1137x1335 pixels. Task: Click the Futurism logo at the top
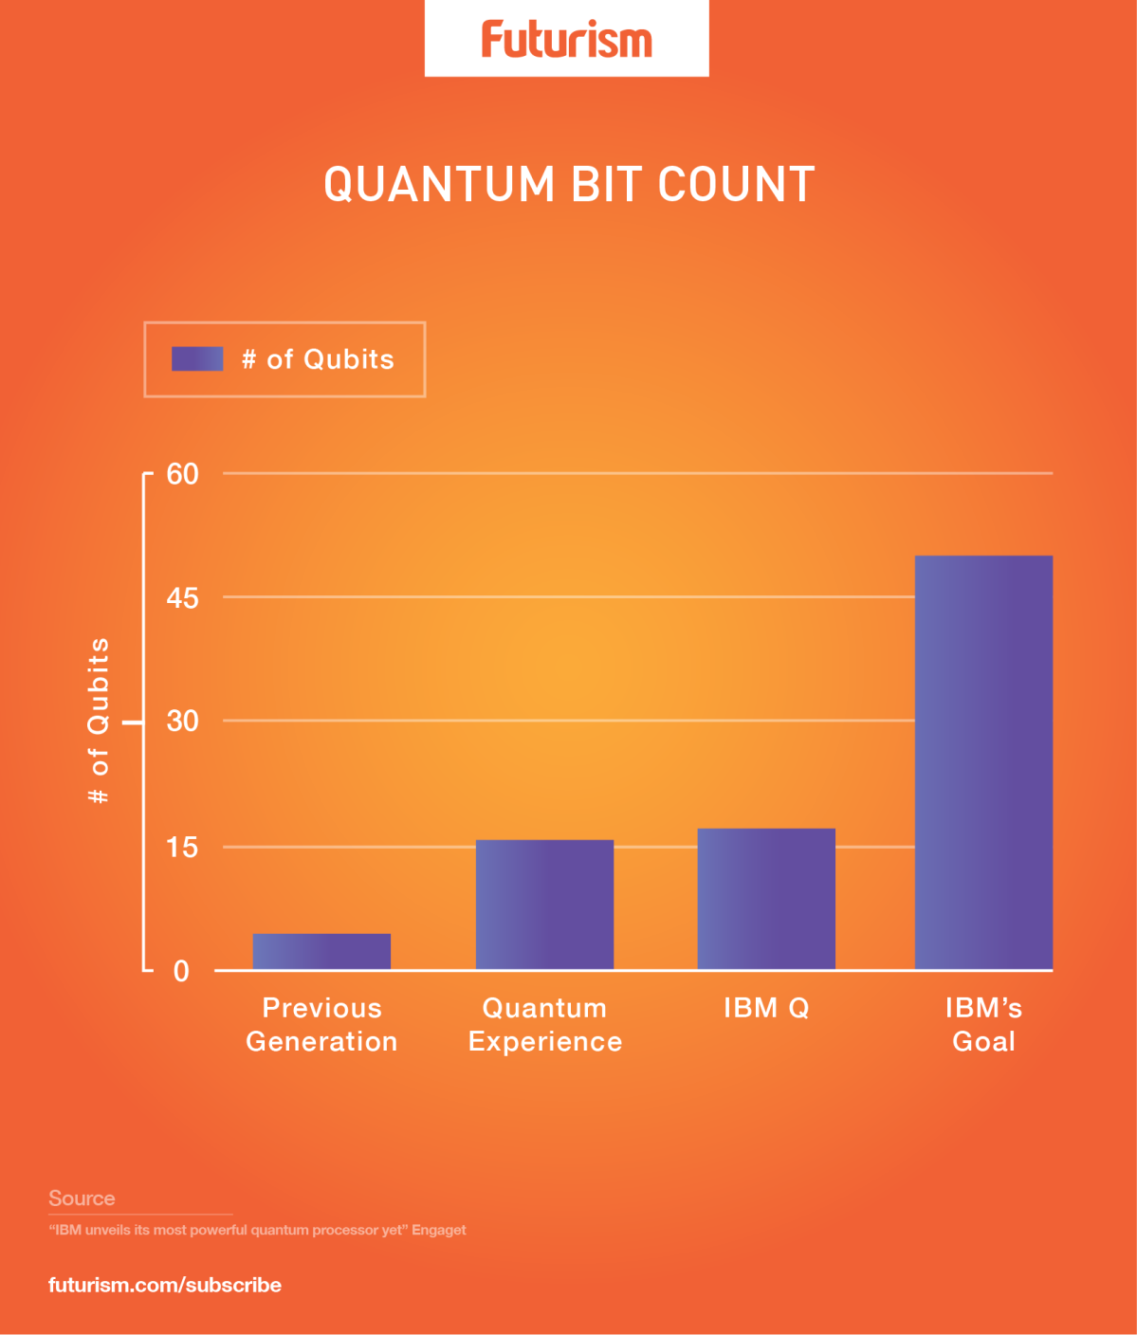566,40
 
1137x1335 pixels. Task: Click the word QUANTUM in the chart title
439,184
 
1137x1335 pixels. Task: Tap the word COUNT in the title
736,184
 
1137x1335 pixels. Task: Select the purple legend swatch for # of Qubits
197,358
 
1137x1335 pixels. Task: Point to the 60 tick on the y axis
182,473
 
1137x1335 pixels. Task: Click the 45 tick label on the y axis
182,597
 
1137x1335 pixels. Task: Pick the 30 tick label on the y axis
182,721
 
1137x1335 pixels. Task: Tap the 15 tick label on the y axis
182,847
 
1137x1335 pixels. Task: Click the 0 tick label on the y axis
181,971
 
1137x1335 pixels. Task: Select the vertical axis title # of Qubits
99,721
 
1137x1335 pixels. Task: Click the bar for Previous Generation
321,951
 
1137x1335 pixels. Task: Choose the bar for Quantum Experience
544,904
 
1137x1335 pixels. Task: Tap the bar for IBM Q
766,898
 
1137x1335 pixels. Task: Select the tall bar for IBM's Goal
983,761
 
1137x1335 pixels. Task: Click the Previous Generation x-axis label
321,1024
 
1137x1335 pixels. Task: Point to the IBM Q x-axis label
766,1007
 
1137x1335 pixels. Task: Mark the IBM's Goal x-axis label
983,1024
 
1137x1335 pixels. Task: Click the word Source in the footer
82,1198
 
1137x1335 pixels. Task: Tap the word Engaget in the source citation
438,1230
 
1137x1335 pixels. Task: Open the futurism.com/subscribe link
165,1285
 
